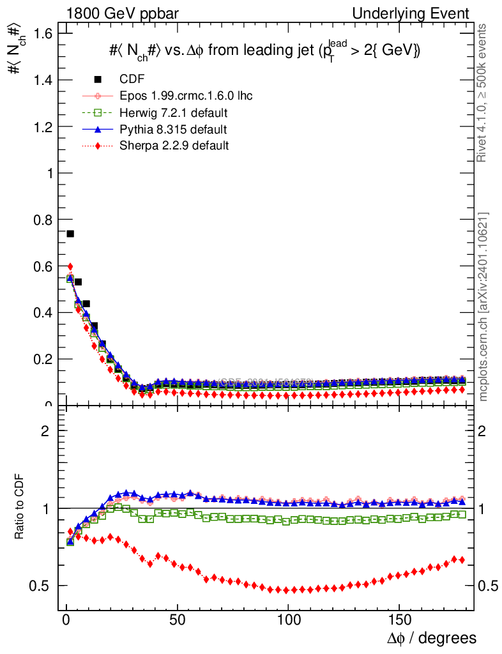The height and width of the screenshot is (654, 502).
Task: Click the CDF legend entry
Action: [132, 79]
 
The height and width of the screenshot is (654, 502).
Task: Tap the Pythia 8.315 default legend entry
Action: [173, 130]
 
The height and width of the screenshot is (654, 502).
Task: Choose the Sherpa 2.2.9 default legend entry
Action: [174, 146]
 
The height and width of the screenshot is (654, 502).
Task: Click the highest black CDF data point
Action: [70, 234]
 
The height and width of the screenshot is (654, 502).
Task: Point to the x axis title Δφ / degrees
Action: [431, 638]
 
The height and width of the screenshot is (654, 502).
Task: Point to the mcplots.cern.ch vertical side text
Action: [483, 307]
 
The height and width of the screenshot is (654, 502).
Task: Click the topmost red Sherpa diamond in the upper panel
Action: [70, 266]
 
